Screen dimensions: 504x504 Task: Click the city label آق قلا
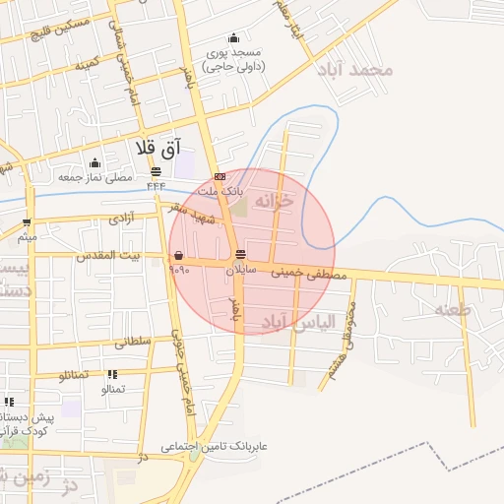(160, 147)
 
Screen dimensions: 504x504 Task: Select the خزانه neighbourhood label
(274, 200)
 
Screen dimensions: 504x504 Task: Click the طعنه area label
(453, 309)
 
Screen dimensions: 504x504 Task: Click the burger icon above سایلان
(241, 255)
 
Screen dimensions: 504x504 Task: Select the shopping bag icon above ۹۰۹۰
(177, 255)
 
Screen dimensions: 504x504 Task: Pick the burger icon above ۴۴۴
(156, 171)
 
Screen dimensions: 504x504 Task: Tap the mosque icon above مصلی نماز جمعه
(95, 163)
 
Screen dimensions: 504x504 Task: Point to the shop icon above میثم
(27, 222)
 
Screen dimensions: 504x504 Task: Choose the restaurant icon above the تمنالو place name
(112, 374)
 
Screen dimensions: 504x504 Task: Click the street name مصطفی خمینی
(316, 275)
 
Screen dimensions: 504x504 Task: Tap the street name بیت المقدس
(126, 256)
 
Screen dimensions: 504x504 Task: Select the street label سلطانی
(133, 342)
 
